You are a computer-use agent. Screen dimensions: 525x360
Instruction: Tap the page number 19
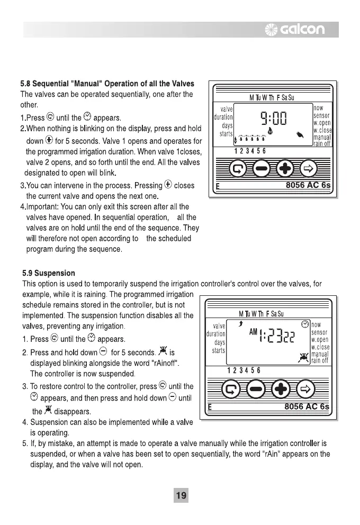pos(181,495)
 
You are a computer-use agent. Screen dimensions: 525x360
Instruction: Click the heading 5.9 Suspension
pos(49,273)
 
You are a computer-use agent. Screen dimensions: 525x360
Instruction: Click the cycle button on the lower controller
pos(233,391)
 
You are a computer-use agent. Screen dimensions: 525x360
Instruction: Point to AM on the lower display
pos(253,332)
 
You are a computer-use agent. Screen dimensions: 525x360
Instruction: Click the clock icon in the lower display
pos(305,323)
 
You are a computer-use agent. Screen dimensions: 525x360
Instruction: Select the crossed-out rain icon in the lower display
pos(303,356)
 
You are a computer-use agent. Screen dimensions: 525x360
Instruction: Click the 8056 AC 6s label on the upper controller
pos(308,185)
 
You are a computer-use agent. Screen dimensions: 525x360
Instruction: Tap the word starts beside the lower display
pos(219,350)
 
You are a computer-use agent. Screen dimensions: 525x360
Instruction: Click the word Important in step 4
pos(44,206)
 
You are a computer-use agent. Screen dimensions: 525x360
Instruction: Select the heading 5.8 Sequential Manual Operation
pos(107,84)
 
